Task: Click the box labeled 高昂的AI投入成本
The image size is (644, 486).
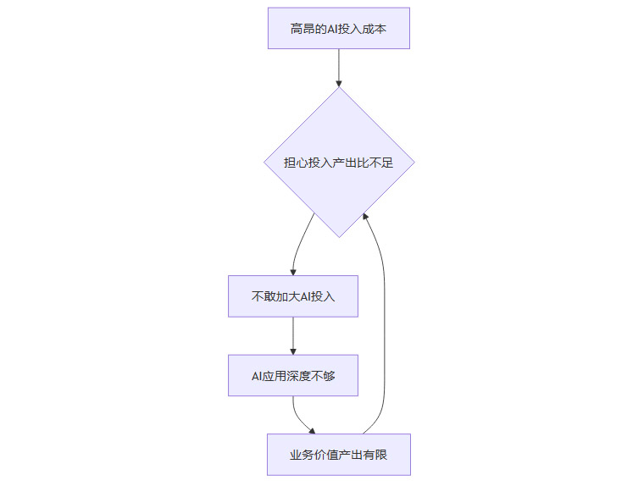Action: click(338, 29)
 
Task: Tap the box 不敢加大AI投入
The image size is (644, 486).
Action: click(292, 296)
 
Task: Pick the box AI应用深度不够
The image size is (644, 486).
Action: click(292, 375)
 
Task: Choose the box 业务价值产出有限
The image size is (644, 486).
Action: click(338, 456)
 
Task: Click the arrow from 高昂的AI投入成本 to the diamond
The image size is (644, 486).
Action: click(338, 66)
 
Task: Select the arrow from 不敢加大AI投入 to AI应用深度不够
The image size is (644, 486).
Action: click(292, 335)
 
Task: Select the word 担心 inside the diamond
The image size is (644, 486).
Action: click(297, 163)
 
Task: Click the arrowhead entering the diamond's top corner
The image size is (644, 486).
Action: click(338, 83)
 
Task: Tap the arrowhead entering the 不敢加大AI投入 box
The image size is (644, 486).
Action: click(292, 271)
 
